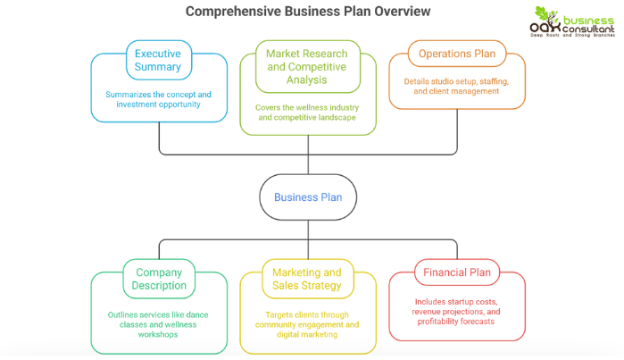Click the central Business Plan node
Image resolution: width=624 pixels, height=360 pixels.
(x=306, y=197)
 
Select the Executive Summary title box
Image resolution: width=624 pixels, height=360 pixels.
(x=159, y=60)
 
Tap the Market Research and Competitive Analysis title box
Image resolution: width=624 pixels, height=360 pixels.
(x=306, y=66)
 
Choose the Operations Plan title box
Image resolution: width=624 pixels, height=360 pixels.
(x=456, y=54)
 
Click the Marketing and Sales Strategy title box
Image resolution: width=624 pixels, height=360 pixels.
(x=306, y=279)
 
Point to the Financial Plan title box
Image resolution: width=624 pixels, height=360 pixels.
(x=456, y=272)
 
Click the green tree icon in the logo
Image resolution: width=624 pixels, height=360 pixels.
(x=545, y=17)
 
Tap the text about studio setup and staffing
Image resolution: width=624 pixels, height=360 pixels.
(x=456, y=86)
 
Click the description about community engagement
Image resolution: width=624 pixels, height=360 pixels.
(x=306, y=320)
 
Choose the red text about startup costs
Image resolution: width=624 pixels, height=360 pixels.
(x=456, y=312)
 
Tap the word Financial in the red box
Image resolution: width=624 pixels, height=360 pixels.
(x=443, y=272)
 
